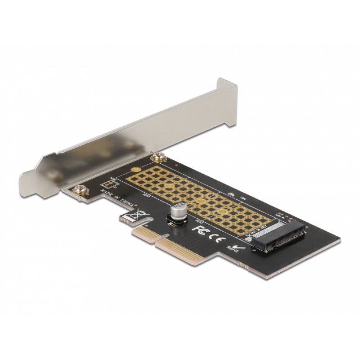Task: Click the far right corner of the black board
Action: point(339,242)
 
